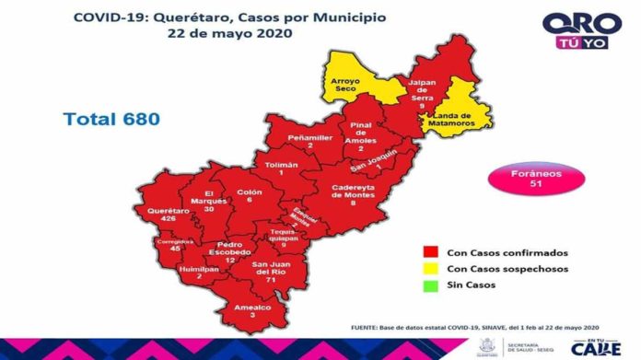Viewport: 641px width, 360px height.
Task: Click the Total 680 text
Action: coord(111,119)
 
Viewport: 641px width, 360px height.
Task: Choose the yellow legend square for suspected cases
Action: coord(429,269)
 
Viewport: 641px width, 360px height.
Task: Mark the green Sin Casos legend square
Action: coord(429,285)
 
